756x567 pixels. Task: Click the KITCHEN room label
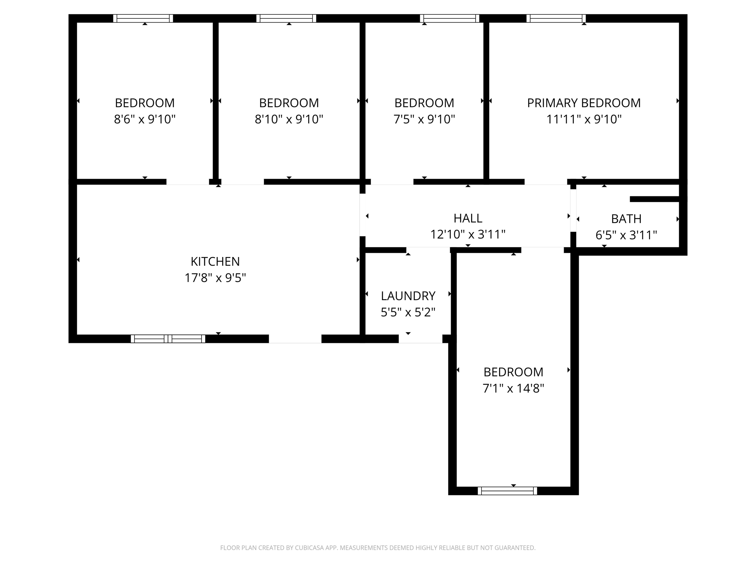pos(215,261)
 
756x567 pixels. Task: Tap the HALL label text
pos(468,218)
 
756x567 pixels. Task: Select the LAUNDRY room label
pos(408,296)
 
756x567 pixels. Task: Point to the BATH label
pos(626,219)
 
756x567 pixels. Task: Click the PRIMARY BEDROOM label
pos(584,103)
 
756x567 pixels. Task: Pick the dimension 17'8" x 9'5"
pos(215,278)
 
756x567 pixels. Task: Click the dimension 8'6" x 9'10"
pos(145,119)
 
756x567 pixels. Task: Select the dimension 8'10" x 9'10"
pos(289,119)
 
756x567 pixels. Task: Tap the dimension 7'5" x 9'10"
pos(424,119)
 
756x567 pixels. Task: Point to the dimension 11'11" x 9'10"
pos(584,119)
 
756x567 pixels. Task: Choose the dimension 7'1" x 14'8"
pos(513,388)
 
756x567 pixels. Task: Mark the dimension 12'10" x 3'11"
pos(468,234)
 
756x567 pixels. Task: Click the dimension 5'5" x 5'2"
pos(408,312)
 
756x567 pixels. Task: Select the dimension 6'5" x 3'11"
pos(626,235)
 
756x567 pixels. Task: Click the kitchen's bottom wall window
pos(168,339)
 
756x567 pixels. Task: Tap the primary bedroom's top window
pos(556,18)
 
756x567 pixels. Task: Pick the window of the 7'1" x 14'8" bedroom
pos(507,491)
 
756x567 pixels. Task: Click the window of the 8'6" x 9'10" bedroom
pos(143,18)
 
